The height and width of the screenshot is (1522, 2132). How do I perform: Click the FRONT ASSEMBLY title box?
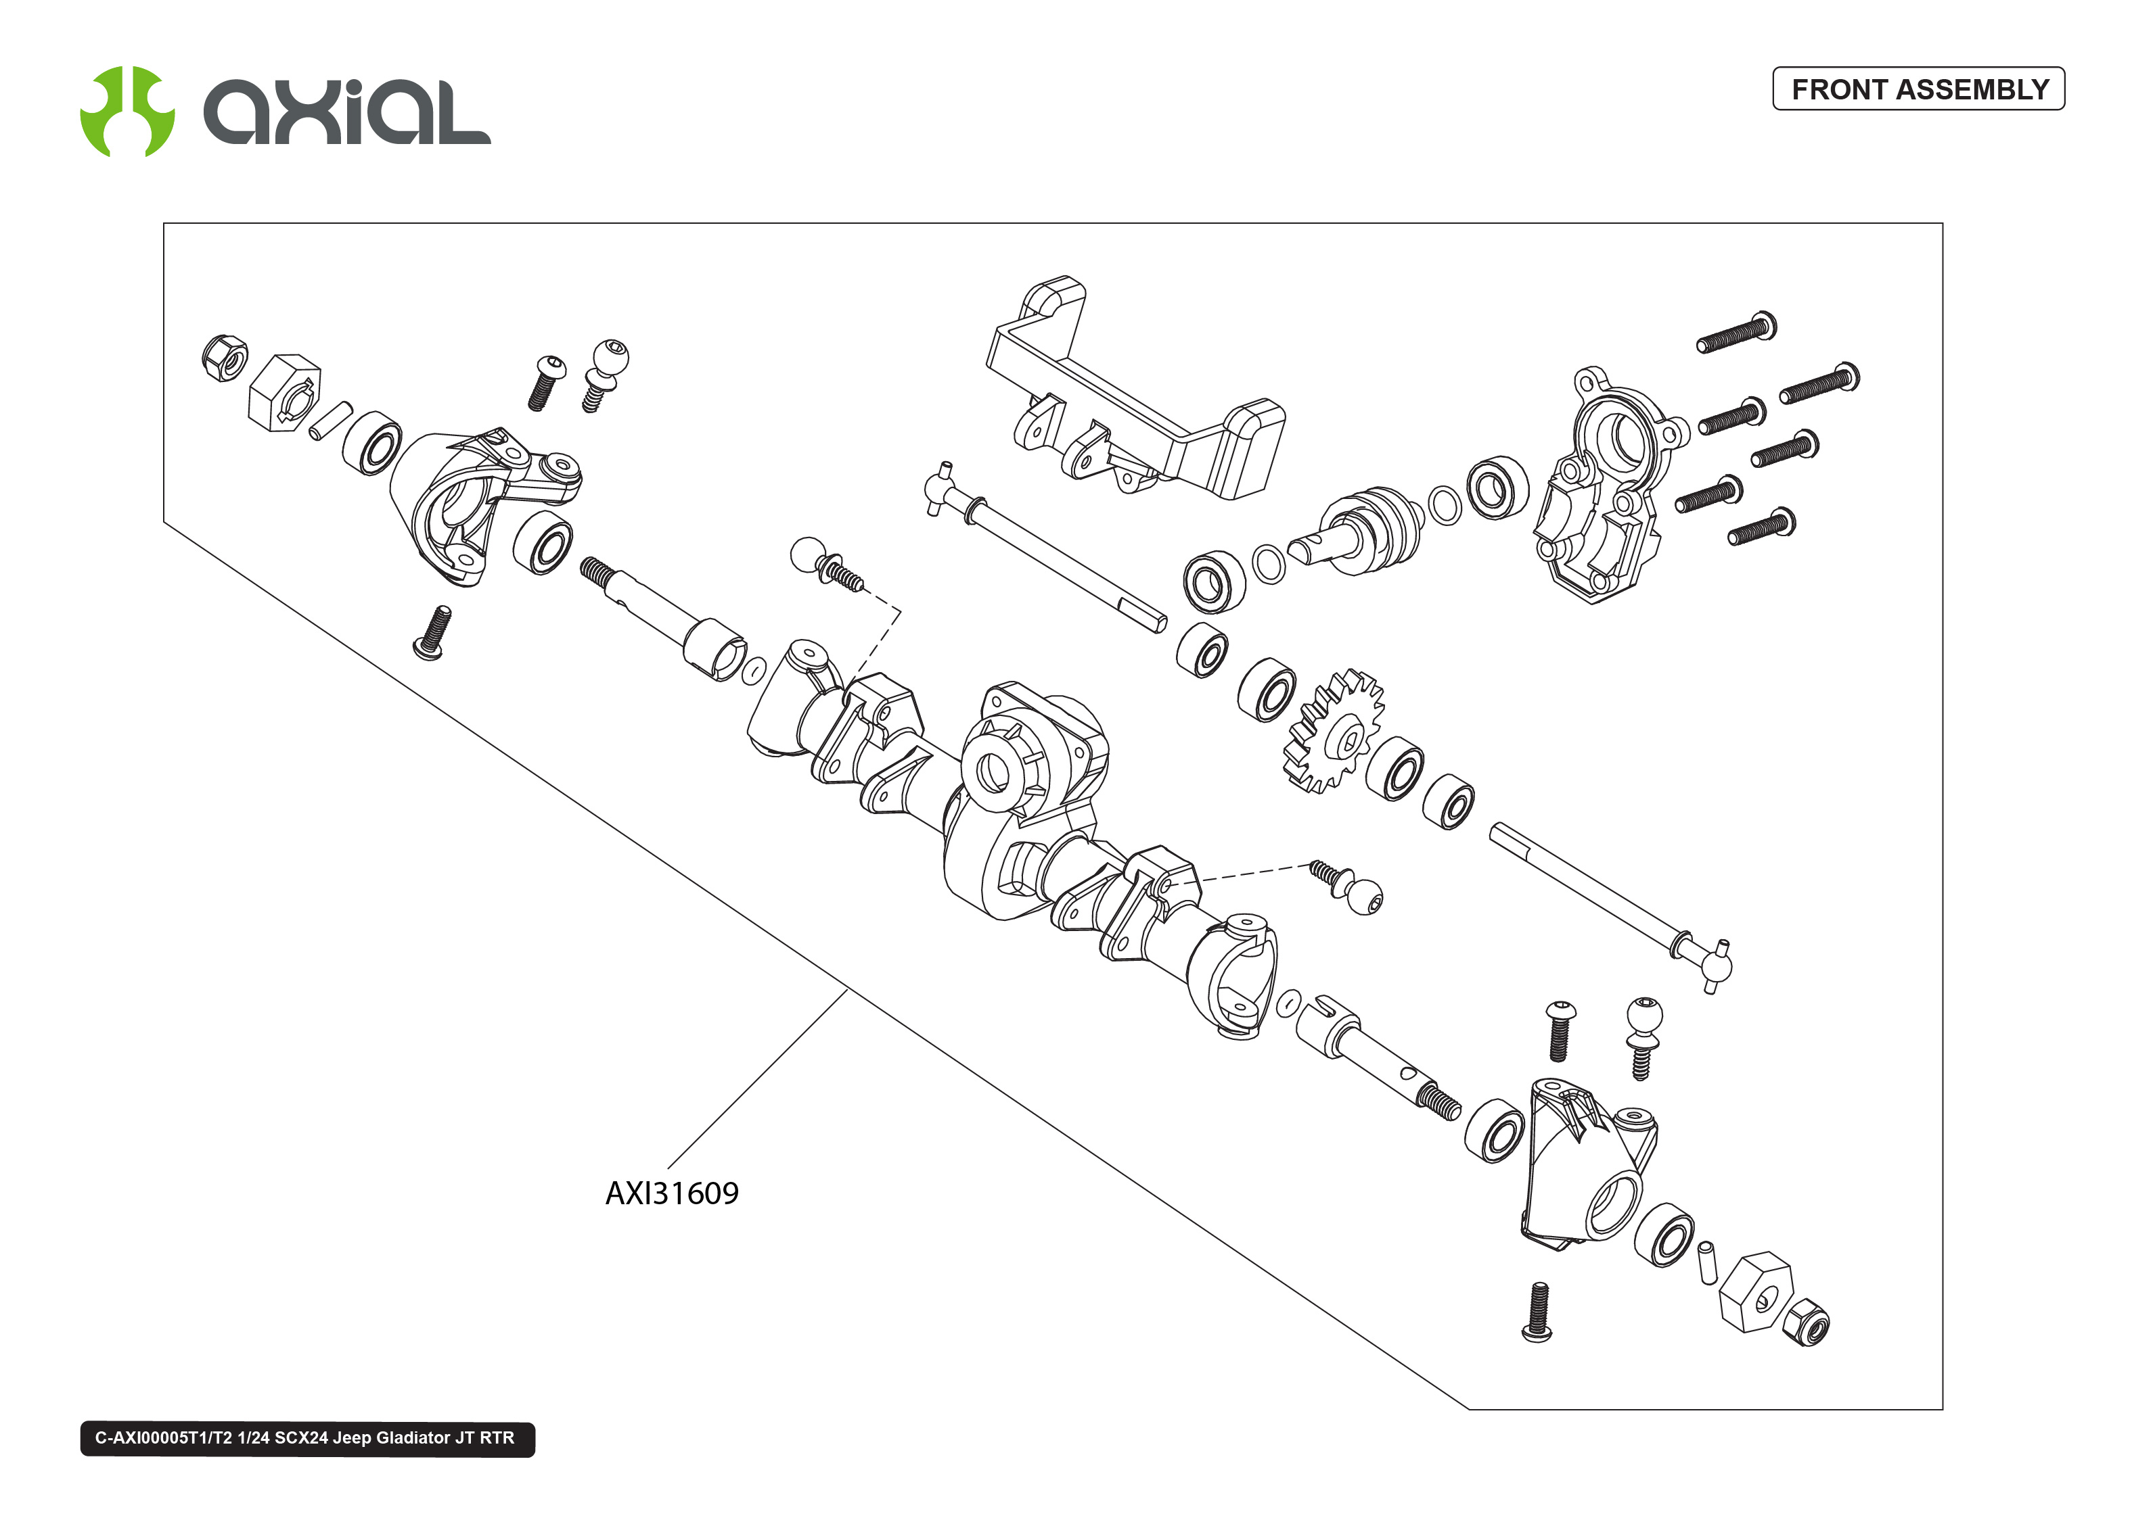[x=1918, y=89]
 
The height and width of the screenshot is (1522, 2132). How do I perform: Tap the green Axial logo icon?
[x=127, y=112]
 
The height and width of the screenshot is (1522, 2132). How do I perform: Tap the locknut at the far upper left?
[x=225, y=358]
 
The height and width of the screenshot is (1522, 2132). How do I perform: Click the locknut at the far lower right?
[x=1805, y=1323]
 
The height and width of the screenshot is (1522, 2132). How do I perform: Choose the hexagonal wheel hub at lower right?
[x=1755, y=1292]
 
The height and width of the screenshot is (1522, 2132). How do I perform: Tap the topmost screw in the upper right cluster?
[x=1736, y=332]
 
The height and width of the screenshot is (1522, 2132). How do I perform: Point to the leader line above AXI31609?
[x=758, y=1078]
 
